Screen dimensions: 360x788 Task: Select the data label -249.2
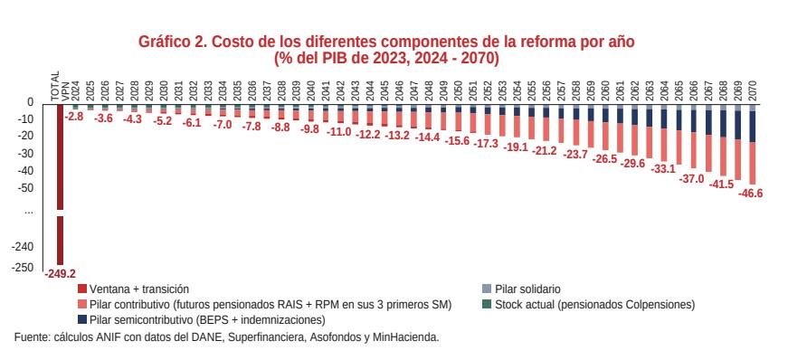pos(61,273)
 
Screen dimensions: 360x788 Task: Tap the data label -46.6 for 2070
pos(750,194)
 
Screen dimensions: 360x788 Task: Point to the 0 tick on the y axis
pos(30,102)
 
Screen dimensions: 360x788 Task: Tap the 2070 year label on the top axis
pos(753,88)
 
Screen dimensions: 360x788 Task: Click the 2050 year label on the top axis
pos(459,88)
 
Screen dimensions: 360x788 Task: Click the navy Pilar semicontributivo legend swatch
pos(82,320)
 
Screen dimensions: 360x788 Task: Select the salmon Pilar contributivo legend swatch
pos(82,305)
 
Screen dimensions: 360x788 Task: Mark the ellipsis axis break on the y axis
pos(28,210)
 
